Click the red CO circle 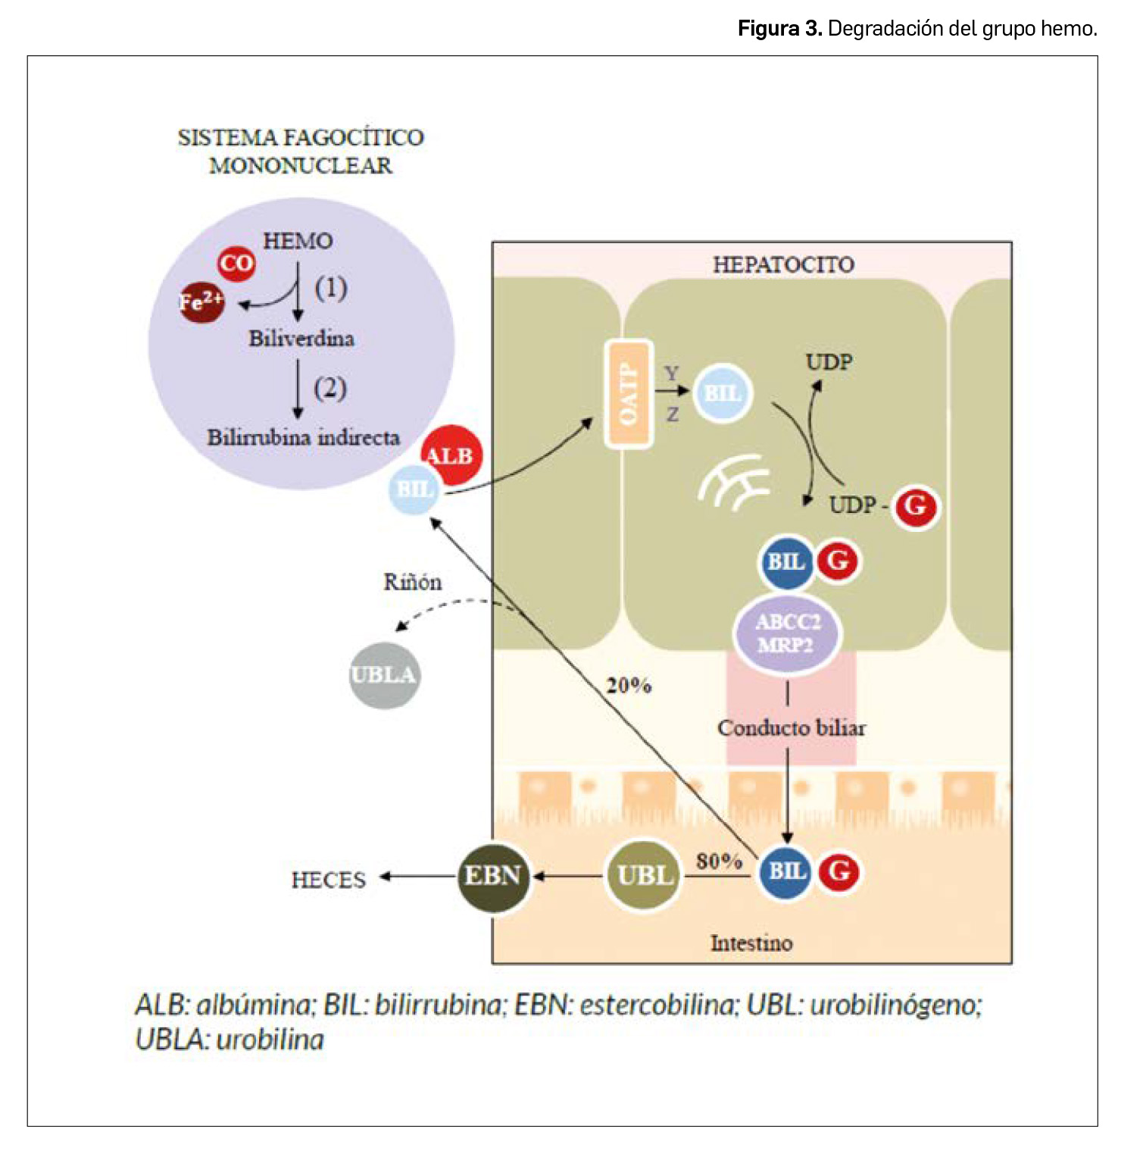236,264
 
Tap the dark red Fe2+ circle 201,302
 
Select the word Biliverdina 301,338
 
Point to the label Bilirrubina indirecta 303,437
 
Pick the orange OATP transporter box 628,394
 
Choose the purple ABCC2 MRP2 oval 787,633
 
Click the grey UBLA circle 384,675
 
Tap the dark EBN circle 493,877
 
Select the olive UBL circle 644,877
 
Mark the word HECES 329,880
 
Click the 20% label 629,686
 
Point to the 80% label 719,861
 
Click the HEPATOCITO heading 783,264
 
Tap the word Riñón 412,582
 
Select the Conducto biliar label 792,728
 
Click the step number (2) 330,388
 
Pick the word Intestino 751,943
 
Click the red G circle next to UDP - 916,506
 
